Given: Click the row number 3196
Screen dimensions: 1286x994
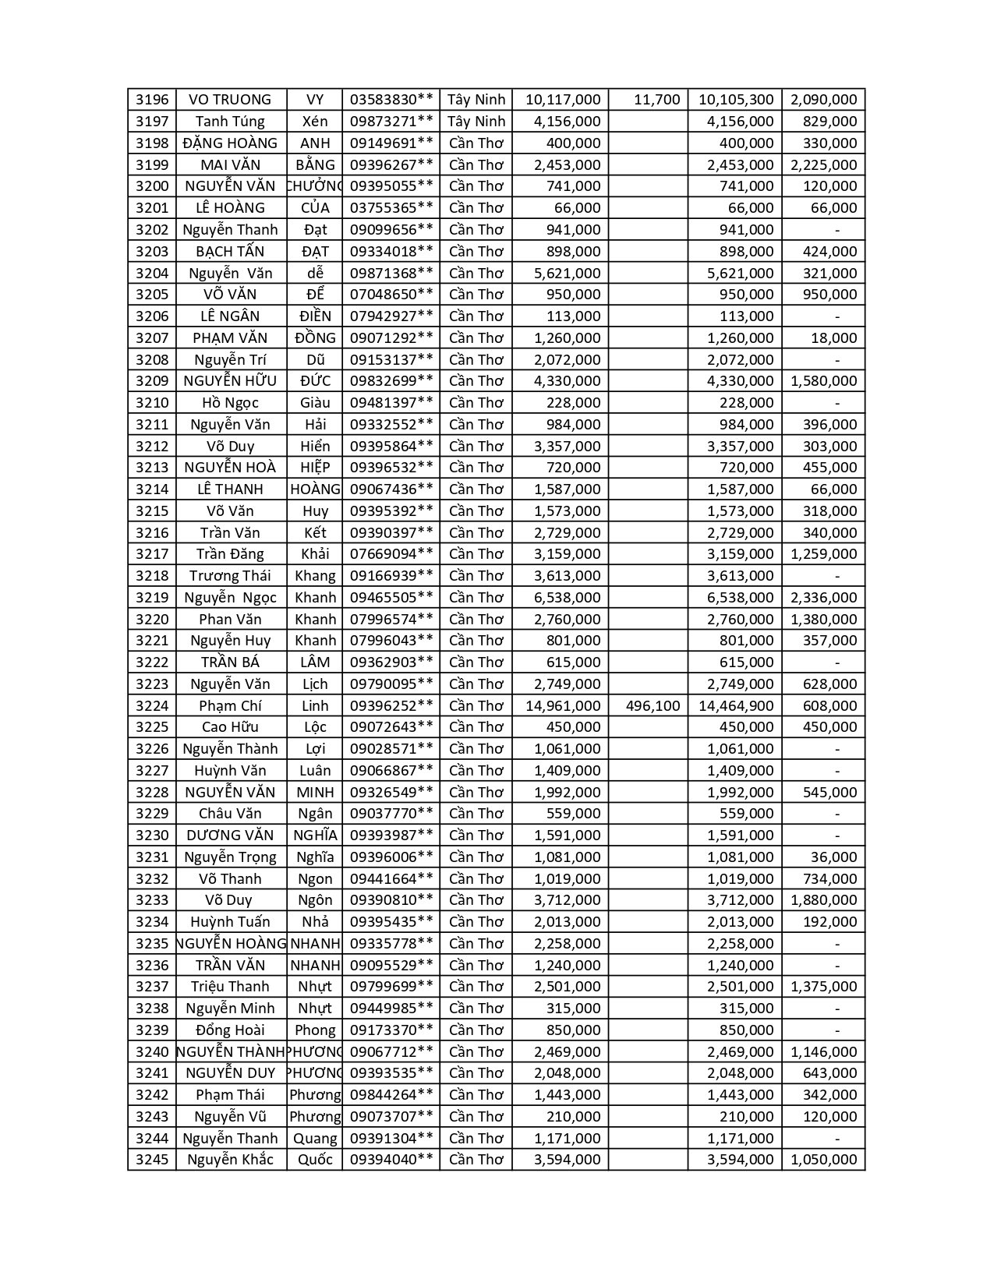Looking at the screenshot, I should (x=152, y=100).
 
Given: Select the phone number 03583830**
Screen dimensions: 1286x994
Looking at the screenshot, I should (x=391, y=100).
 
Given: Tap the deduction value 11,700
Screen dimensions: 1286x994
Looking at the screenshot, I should (x=656, y=100).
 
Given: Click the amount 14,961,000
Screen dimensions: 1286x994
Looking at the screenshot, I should (x=563, y=706).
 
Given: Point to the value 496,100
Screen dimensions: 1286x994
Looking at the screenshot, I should (x=653, y=706).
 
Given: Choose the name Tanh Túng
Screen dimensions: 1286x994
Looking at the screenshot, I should (x=230, y=122).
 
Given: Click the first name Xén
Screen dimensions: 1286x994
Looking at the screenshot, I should (x=315, y=122).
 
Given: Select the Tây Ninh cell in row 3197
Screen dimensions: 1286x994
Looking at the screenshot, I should (x=476, y=122).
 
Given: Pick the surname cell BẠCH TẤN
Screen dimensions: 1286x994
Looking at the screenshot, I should (x=230, y=252).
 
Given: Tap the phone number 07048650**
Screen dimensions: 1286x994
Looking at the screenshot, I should (x=391, y=295).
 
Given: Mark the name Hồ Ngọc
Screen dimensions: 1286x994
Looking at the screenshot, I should (x=230, y=403).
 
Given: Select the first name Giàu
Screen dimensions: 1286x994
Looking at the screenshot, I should (x=315, y=403).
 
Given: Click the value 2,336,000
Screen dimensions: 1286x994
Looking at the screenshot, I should (x=823, y=598).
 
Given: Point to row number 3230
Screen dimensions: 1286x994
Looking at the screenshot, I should (x=152, y=836).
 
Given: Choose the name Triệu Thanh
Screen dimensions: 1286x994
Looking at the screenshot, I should (x=230, y=987).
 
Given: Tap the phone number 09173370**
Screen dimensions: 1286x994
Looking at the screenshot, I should (x=391, y=1030).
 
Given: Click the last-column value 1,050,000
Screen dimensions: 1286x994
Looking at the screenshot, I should (x=823, y=1160).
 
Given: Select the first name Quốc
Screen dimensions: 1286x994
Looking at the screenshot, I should (x=315, y=1160).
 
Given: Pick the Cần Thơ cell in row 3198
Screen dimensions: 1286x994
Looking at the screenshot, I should (x=476, y=143).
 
